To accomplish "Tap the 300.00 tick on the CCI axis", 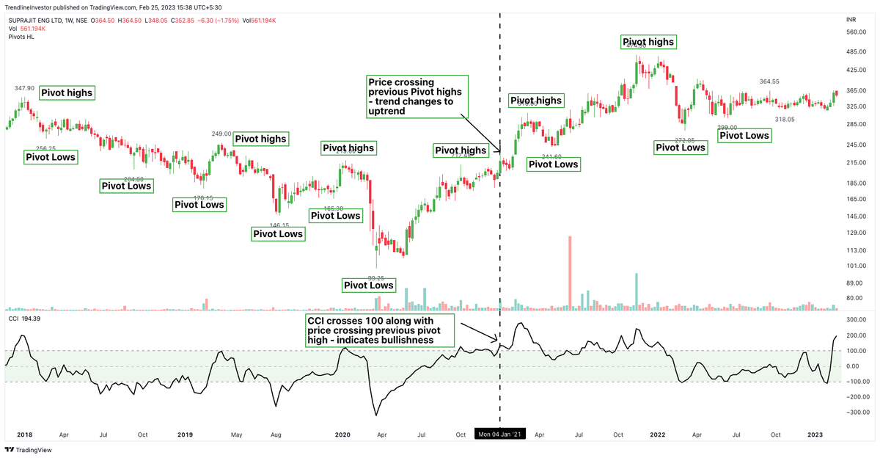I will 856,320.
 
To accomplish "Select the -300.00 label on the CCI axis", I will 854,412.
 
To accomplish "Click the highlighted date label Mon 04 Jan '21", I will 500,435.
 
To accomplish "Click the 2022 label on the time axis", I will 657,435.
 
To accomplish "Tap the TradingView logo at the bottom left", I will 23,450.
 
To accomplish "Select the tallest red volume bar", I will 570,272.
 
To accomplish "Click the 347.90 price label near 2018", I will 25,88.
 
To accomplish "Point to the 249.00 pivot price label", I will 221,134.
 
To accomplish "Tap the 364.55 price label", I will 769,81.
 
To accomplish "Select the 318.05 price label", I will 786,119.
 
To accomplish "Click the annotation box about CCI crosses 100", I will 380,331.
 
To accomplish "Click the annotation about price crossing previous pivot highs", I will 416,96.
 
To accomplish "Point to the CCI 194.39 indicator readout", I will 24,319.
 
